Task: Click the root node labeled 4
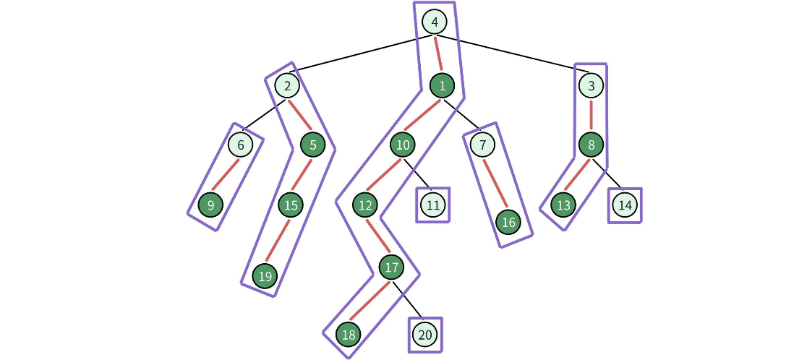[x=435, y=22]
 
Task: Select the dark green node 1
[x=441, y=86]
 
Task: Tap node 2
[x=287, y=86]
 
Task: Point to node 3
[x=591, y=86]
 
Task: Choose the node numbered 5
[x=313, y=145]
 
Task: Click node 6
[x=240, y=145]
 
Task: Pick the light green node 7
[x=482, y=145]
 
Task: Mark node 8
[x=591, y=145]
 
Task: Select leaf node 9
[x=210, y=205]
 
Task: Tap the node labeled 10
[x=403, y=145]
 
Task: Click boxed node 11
[x=433, y=205]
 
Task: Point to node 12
[x=365, y=205]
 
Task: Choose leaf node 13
[x=563, y=205]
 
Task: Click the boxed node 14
[x=625, y=205]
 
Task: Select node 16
[x=508, y=222]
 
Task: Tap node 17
[x=391, y=267]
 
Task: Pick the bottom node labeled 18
[x=349, y=334]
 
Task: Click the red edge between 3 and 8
[x=591, y=116]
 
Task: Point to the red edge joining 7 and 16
[x=495, y=184]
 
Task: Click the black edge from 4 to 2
[x=362, y=53]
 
